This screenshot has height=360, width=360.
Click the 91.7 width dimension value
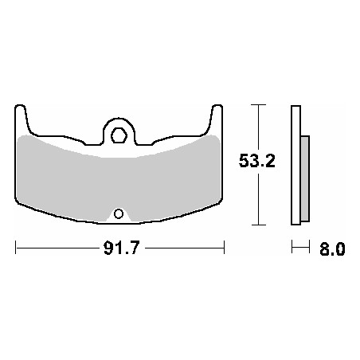coord(121,248)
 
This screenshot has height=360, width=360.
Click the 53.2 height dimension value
coord(257,160)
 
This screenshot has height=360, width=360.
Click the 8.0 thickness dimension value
coord(332,249)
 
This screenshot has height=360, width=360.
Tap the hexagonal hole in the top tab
coord(119,135)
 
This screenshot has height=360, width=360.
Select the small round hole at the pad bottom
coord(119,213)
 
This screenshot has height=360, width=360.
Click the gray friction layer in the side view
coord(305,178)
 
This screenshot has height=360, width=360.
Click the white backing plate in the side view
coord(296,165)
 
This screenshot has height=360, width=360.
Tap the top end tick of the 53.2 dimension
coord(258,105)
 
